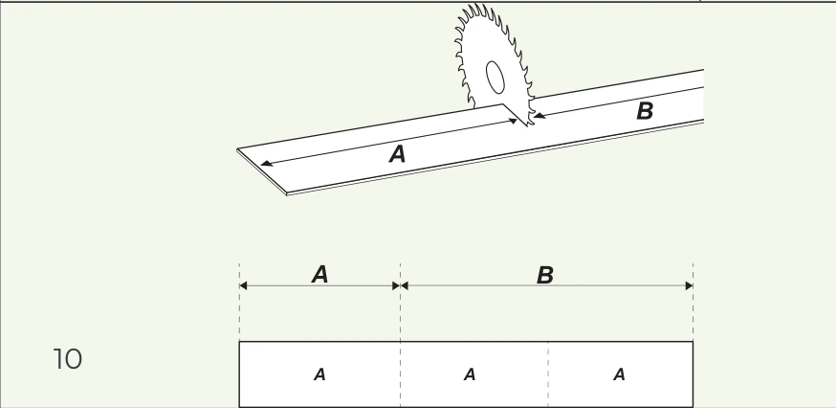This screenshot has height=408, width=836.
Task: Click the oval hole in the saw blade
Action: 495,78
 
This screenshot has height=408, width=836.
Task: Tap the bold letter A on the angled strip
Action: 397,154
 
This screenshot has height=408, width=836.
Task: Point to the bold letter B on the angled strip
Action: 645,111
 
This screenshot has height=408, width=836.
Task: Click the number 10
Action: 68,359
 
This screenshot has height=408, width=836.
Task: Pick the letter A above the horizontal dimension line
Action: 319,275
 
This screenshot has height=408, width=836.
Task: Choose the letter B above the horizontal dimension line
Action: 545,276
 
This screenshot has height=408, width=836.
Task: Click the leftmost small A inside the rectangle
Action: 319,374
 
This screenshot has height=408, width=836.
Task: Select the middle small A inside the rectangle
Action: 470,374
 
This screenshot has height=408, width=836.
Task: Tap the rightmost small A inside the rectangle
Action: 619,374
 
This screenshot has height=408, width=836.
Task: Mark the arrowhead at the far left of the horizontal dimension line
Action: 243,285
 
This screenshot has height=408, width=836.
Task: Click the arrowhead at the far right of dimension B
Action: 689,285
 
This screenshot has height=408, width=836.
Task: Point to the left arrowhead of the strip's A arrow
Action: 266,163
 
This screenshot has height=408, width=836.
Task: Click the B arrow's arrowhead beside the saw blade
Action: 539,115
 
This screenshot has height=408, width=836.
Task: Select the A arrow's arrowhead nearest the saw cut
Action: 512,122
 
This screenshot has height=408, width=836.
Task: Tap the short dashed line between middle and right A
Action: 548,374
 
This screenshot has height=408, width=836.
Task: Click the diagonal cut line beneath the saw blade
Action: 515,115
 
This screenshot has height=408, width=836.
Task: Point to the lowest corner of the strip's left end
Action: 287,194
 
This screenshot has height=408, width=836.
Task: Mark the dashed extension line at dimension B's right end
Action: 693,302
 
